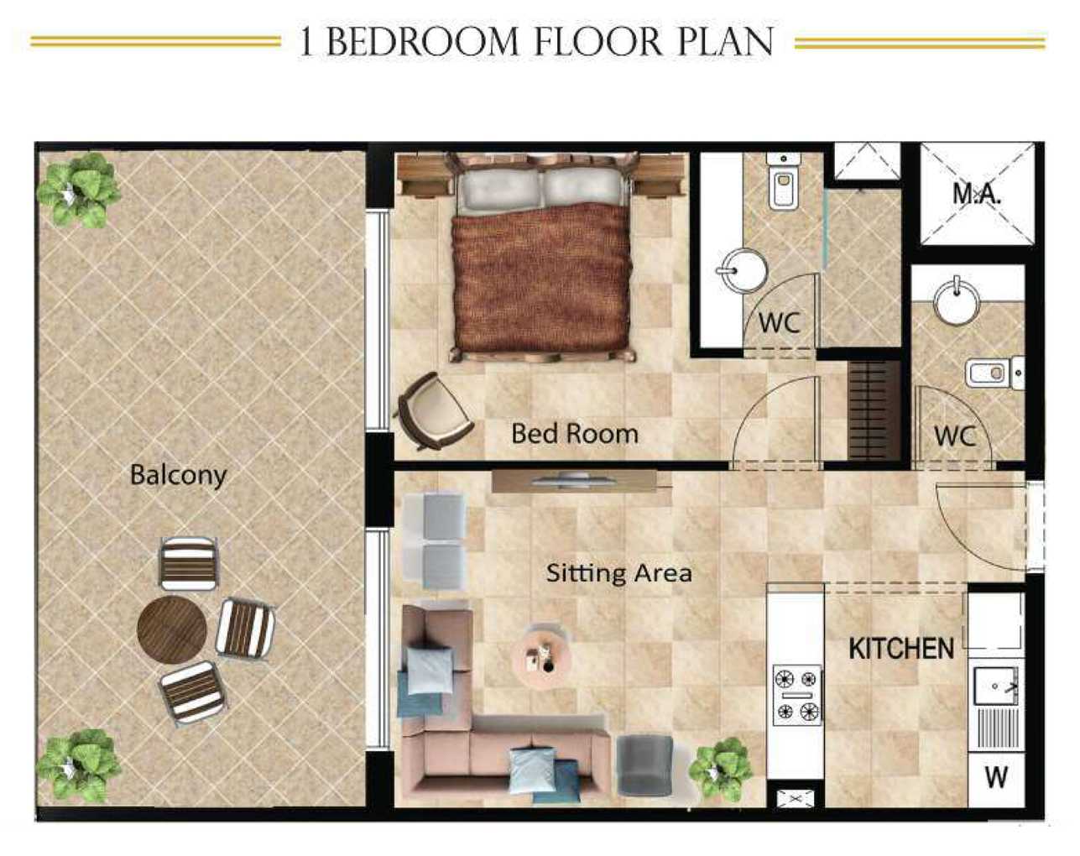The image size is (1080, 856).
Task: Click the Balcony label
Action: pyautogui.click(x=178, y=475)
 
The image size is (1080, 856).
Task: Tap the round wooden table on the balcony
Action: pyautogui.click(x=172, y=629)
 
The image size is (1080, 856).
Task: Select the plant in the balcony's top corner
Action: pyautogui.click(x=78, y=189)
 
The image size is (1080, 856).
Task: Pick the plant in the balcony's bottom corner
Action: pyautogui.click(x=78, y=765)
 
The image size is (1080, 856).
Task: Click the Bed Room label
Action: pyautogui.click(x=575, y=434)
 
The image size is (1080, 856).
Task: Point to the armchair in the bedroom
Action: pyautogui.click(x=433, y=410)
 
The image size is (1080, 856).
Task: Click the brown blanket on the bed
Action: pyautogui.click(x=541, y=281)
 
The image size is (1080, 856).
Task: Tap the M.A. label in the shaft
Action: pyautogui.click(x=977, y=194)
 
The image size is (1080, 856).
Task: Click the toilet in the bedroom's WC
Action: pyautogui.click(x=784, y=185)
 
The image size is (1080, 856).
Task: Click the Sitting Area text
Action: pyautogui.click(x=619, y=573)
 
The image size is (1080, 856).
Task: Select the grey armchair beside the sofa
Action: pyautogui.click(x=644, y=765)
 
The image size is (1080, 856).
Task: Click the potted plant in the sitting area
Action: pyautogui.click(x=720, y=768)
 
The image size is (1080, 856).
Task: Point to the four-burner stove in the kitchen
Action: pyautogui.click(x=796, y=694)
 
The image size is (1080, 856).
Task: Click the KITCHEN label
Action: pyautogui.click(x=901, y=649)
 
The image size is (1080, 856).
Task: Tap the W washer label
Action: pyautogui.click(x=996, y=777)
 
